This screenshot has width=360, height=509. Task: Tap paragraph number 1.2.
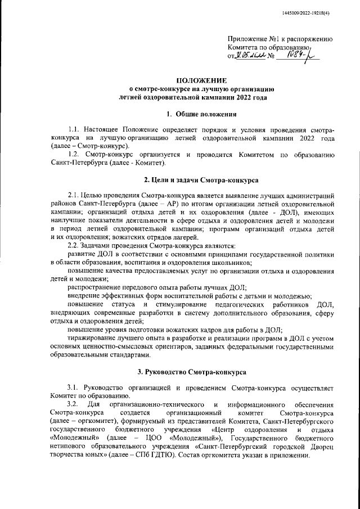(73, 154)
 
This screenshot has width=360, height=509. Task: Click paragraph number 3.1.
(73, 388)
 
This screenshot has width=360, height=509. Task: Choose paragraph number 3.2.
(73, 404)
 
